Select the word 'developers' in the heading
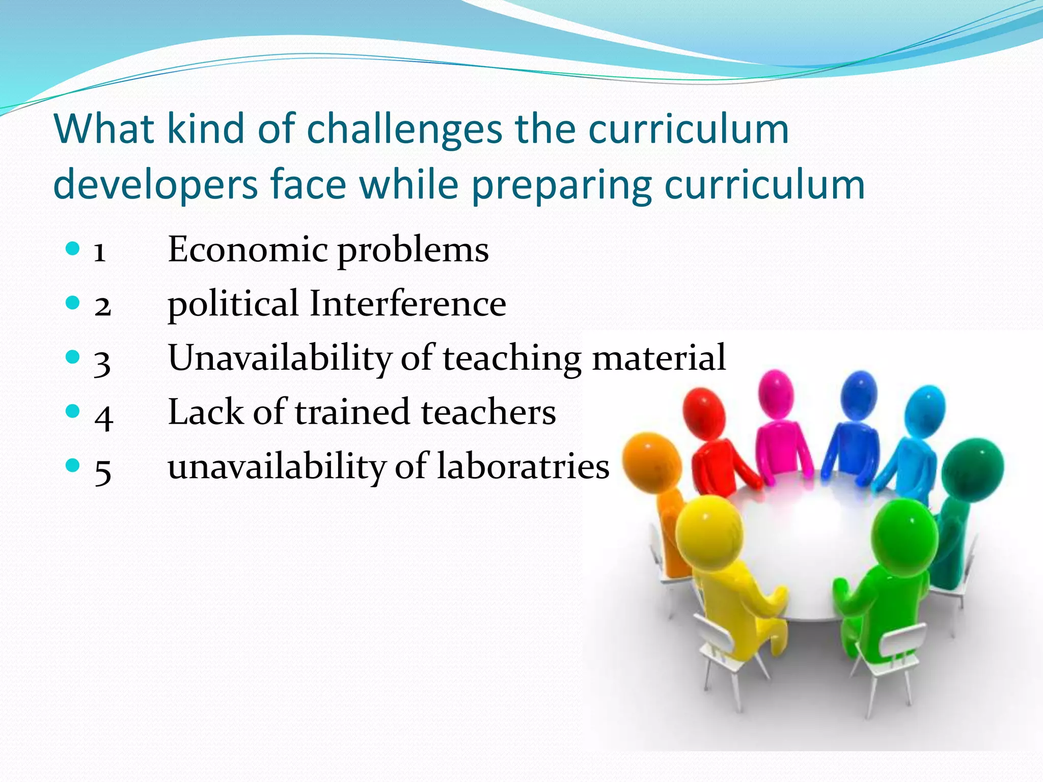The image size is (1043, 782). click(x=155, y=185)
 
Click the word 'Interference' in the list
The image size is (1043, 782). click(x=407, y=304)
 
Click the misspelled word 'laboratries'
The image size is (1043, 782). click(x=523, y=466)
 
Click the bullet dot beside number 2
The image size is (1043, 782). click(x=73, y=303)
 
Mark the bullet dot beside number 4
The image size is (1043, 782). click(x=73, y=411)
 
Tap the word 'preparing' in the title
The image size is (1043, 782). click(x=561, y=185)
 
